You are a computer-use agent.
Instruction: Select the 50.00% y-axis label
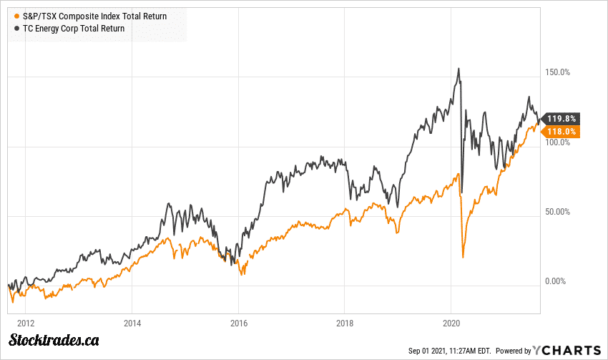[x=556, y=212]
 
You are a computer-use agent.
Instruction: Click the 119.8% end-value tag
[x=562, y=119]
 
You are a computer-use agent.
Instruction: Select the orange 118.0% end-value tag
[x=562, y=131]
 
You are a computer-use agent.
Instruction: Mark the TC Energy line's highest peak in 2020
[x=459, y=69]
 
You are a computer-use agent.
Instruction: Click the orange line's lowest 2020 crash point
[x=463, y=257]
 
